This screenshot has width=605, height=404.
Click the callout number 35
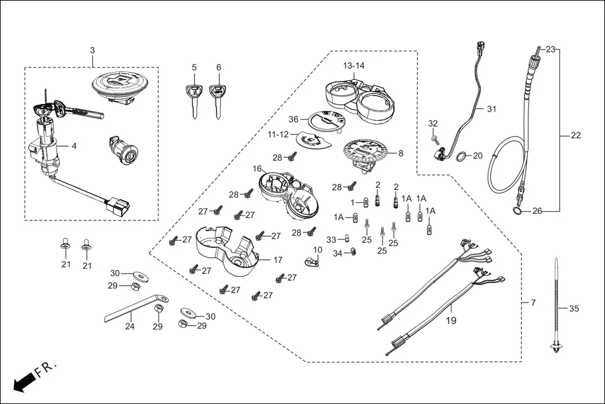coord(574,308)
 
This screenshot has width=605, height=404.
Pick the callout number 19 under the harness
coord(451,320)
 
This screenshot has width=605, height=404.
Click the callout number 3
coord(92,49)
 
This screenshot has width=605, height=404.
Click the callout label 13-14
coord(354,65)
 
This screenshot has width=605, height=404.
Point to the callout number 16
coord(257,169)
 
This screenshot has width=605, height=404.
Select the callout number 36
coord(293,120)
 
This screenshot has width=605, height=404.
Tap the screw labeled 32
coord(434,136)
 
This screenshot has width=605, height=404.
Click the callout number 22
coord(576,135)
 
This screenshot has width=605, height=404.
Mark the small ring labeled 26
coord(518,211)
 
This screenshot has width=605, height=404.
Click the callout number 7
coord(533,303)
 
